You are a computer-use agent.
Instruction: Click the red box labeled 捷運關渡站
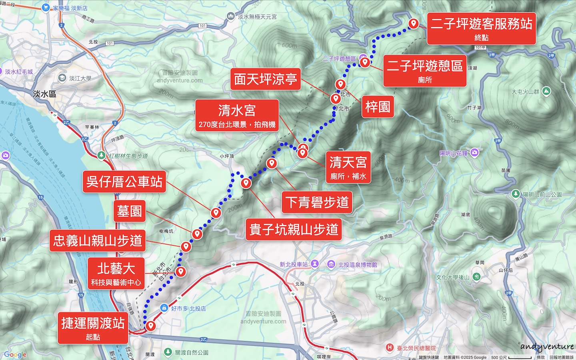(93, 328)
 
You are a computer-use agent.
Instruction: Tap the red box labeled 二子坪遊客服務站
(481, 28)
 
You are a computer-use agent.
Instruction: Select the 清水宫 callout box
(237, 115)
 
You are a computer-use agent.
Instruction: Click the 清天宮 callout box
(348, 167)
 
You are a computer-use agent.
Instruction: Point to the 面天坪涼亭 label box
(266, 79)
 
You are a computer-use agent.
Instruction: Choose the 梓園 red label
(378, 106)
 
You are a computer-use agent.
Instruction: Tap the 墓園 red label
(129, 211)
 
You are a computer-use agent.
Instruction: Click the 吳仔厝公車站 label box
(124, 182)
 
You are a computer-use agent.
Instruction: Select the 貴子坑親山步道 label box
(294, 229)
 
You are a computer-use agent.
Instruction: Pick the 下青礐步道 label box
(317, 202)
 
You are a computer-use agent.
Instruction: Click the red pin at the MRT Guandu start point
(150, 326)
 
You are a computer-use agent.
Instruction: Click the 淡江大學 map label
(80, 78)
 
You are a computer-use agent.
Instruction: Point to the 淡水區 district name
(44, 94)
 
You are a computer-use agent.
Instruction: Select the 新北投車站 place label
(294, 264)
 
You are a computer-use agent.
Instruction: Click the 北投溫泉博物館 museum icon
(331, 264)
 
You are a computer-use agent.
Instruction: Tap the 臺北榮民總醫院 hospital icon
(390, 348)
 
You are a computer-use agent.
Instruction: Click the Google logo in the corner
(15, 354)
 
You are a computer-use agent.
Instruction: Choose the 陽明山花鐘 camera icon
(474, 152)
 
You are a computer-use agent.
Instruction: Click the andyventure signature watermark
(547, 346)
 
